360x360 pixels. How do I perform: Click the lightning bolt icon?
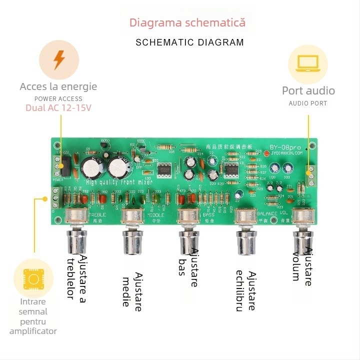pos(59,59)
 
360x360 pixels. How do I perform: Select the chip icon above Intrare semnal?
pos(33,278)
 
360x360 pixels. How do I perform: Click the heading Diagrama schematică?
pos(187,22)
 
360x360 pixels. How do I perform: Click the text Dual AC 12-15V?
pos(58,108)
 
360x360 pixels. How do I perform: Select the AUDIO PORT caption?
pos(308,103)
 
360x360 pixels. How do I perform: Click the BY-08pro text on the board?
pos(285,147)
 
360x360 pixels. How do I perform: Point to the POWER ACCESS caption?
pos(58,98)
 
